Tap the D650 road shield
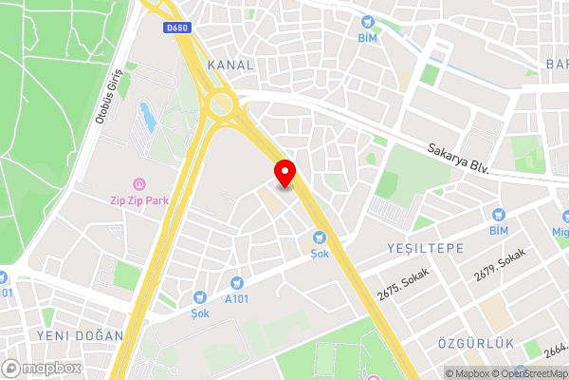(177, 28)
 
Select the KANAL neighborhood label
(229, 65)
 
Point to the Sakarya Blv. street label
(458, 159)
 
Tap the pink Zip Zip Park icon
(139, 183)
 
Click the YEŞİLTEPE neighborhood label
(424, 247)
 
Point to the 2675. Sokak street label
(402, 284)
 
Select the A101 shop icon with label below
(236, 282)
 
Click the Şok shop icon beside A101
(200, 296)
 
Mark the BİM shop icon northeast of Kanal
(367, 21)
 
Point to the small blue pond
(147, 117)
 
